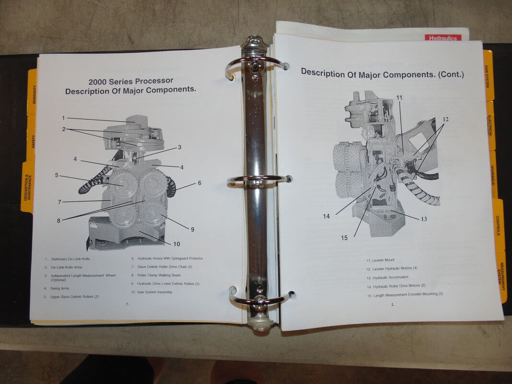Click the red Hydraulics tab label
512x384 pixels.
point(443,38)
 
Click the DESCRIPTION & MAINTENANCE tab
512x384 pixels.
point(28,187)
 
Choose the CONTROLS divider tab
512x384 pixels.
point(498,225)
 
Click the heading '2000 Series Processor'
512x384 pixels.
point(131,81)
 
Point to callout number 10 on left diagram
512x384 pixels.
point(176,244)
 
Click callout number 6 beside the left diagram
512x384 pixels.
point(199,183)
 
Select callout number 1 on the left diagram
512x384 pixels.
point(63,118)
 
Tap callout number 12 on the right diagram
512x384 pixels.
point(445,120)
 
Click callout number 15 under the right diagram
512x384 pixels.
point(344,238)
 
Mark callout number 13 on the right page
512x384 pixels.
point(424,219)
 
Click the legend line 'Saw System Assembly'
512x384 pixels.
point(152,292)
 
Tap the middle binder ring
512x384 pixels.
point(259,179)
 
